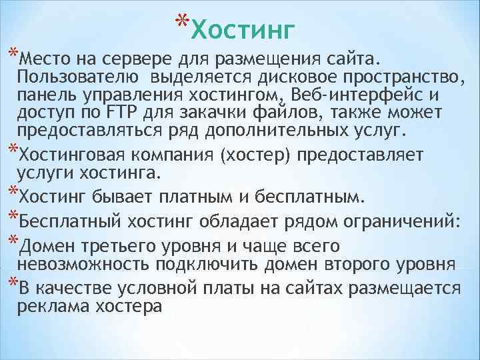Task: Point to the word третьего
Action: point(119,246)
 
